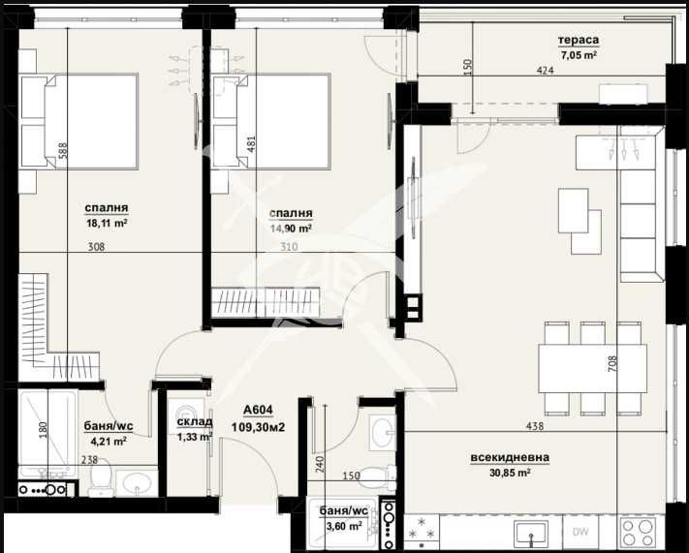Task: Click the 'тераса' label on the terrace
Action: [x=578, y=40]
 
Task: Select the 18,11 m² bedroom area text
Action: [x=107, y=222]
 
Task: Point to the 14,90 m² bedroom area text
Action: [x=291, y=229]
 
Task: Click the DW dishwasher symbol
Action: [x=579, y=531]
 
